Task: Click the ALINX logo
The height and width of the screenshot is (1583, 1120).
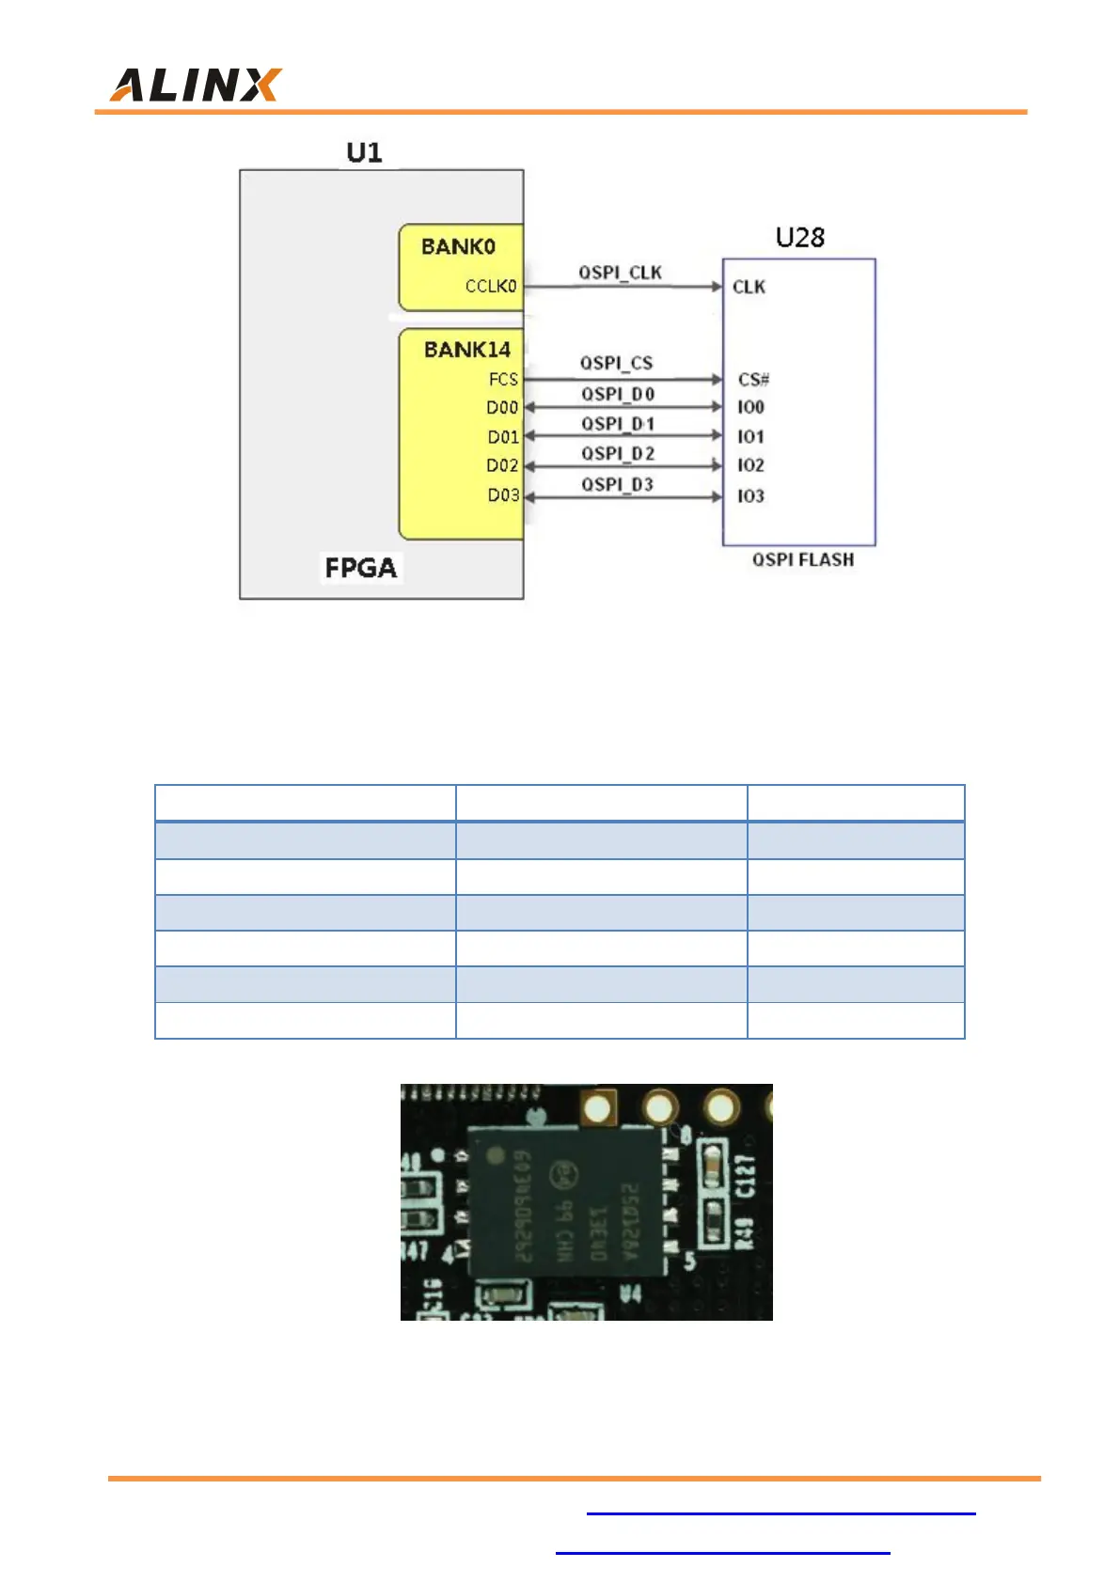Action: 196,85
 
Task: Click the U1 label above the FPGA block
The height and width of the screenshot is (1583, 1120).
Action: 364,152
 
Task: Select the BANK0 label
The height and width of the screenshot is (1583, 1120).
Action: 458,246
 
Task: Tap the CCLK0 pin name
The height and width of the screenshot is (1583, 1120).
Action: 491,286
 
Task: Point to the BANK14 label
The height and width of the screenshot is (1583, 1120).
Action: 466,350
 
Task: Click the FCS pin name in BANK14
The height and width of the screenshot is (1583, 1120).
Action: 503,379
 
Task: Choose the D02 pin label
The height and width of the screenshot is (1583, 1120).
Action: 502,465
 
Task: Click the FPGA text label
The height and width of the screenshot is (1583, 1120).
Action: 361,568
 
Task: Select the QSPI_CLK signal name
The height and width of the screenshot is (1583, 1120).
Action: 620,273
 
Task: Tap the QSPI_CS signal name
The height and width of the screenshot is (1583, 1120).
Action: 616,363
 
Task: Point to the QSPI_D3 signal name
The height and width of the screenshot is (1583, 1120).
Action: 617,484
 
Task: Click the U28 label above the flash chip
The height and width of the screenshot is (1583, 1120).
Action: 799,238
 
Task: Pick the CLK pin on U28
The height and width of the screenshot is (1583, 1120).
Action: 749,287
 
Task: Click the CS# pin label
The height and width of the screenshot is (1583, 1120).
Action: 753,380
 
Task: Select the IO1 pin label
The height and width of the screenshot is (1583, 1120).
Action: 750,436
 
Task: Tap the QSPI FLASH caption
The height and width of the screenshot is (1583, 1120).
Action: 803,559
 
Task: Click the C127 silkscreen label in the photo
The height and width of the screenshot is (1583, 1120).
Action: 745,1176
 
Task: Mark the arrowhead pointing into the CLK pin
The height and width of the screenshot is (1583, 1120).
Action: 717,287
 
